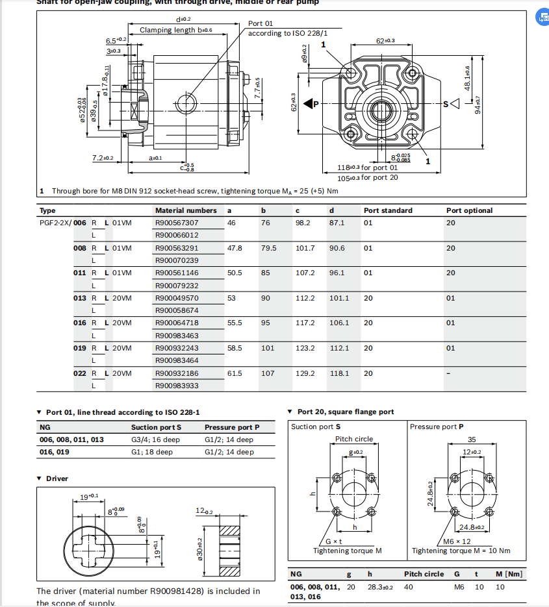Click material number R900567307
point(176,223)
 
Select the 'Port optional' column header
point(469,210)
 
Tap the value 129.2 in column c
point(305,373)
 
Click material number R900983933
point(176,386)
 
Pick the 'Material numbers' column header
point(186,210)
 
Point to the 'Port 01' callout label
point(260,23)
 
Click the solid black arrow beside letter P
point(308,103)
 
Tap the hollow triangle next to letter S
point(455,103)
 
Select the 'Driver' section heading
point(57,478)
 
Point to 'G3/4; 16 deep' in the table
point(155,440)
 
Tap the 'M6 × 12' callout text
point(457,541)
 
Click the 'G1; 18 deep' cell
point(151,452)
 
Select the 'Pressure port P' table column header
point(231,427)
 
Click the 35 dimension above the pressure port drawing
point(472,440)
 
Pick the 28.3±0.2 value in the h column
point(379,586)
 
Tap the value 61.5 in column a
point(235,373)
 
